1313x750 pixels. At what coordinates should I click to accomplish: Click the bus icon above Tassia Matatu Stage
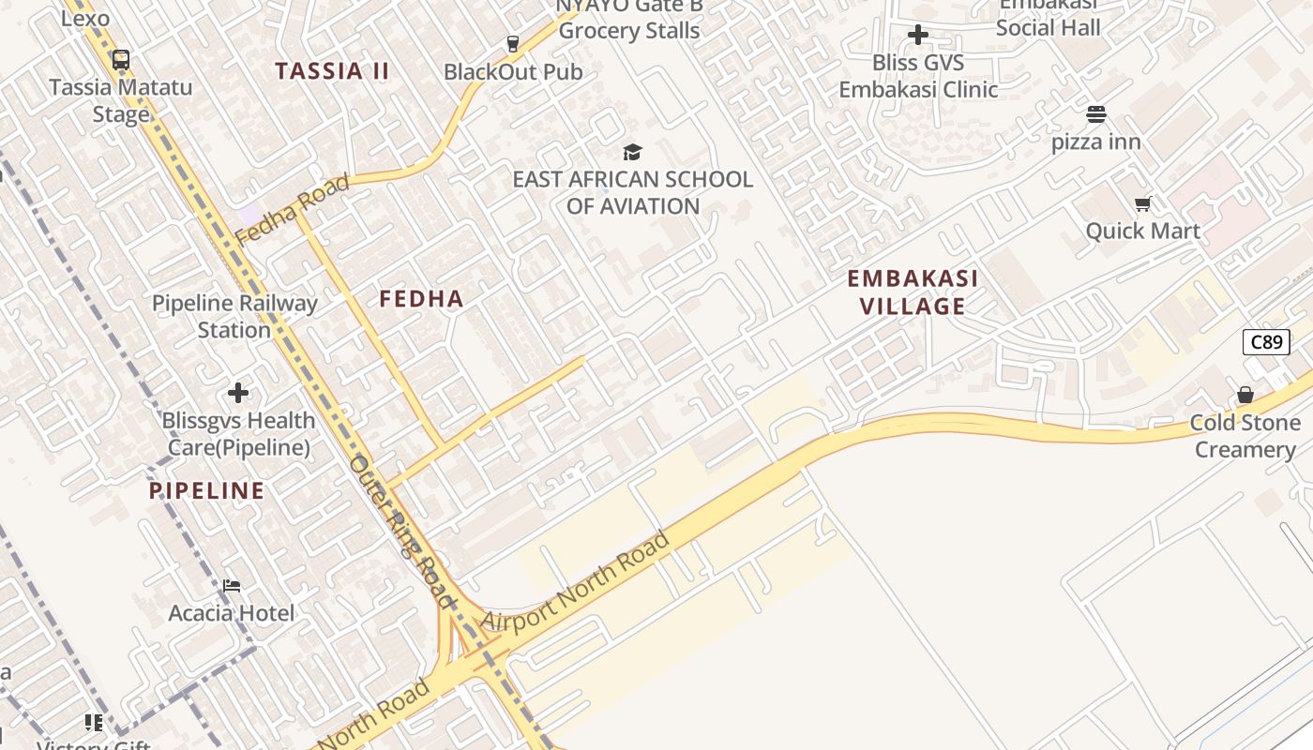120,61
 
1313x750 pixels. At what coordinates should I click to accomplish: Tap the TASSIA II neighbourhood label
332,71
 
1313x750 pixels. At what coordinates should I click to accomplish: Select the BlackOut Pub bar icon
512,43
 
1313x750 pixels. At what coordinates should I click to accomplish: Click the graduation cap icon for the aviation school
632,152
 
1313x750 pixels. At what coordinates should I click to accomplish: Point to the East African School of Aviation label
632,192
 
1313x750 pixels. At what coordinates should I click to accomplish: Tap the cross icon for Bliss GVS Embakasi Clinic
918,36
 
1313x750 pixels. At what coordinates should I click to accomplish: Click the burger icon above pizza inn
1096,114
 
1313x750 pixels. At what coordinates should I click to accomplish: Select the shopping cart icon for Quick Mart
1142,203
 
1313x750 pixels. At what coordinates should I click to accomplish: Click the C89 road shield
1266,342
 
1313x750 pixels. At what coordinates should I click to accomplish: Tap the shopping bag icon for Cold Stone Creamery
1245,395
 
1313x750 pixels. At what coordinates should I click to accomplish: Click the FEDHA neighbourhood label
421,299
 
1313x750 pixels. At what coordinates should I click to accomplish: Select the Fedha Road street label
292,209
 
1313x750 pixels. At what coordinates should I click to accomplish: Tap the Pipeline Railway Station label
234,316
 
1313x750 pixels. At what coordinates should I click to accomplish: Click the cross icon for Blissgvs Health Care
238,393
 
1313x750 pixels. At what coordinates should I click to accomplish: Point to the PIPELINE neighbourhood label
206,490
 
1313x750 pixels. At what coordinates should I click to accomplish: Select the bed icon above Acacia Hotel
232,586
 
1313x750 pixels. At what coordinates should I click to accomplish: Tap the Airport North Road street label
575,581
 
